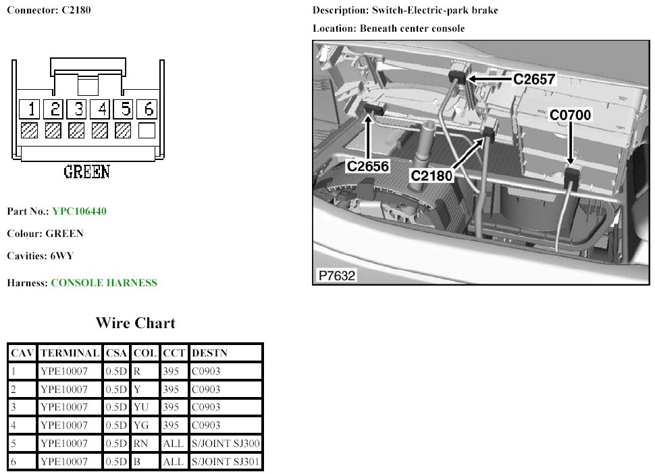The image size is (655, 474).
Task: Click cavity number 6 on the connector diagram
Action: (x=148, y=109)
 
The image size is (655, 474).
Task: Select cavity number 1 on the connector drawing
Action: (x=30, y=109)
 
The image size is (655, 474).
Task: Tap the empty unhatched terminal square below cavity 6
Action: (x=147, y=130)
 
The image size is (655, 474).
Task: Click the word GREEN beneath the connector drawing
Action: (x=87, y=172)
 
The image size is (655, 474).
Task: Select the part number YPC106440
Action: (x=80, y=211)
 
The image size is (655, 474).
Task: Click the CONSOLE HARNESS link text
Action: (x=104, y=283)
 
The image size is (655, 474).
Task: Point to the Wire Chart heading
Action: (x=135, y=323)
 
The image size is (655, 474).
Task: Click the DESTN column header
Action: (x=209, y=353)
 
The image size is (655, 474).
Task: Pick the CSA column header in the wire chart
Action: (x=116, y=353)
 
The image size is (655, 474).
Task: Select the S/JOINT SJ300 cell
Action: (x=226, y=444)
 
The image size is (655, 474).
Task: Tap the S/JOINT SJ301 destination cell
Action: (x=226, y=461)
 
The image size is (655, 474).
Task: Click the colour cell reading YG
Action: (x=141, y=425)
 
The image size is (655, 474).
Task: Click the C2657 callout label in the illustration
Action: (x=534, y=79)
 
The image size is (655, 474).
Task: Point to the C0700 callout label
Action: (x=570, y=115)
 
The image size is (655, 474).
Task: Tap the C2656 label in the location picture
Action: (x=368, y=166)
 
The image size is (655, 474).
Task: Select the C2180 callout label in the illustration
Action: (x=431, y=176)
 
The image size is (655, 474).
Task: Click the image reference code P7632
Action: (x=337, y=275)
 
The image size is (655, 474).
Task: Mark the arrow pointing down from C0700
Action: (x=571, y=143)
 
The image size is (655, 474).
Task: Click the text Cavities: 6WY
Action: (x=41, y=256)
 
